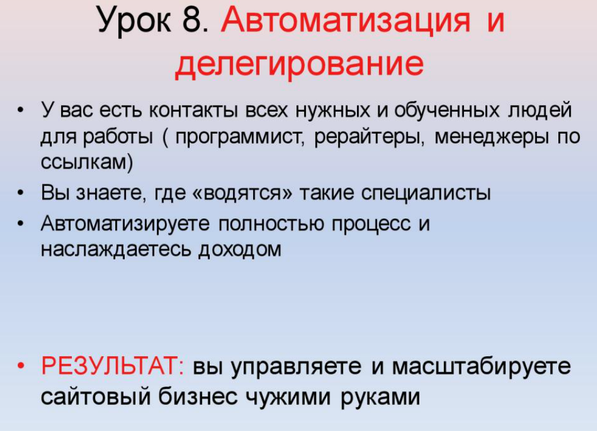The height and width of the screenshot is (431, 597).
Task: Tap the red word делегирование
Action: (x=299, y=64)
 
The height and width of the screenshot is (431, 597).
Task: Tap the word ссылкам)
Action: (x=87, y=163)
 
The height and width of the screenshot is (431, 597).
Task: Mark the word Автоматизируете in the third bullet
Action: (x=125, y=224)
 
